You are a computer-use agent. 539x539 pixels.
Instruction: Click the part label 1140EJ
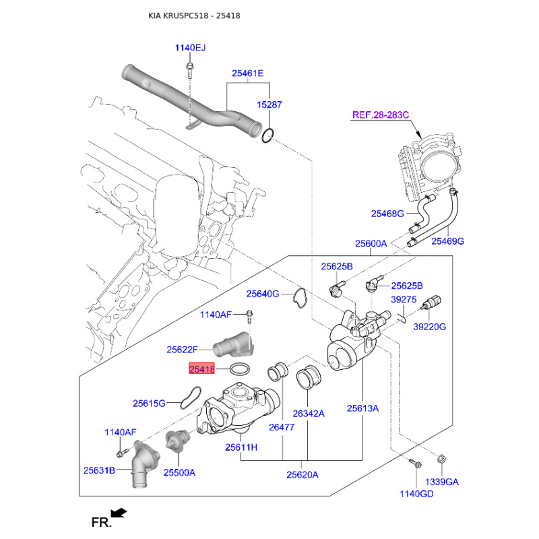(x=190, y=48)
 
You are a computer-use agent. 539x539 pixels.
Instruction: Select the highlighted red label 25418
(x=202, y=369)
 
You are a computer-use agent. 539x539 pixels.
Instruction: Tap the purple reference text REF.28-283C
(x=380, y=115)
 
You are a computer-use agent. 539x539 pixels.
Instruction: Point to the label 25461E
(x=248, y=73)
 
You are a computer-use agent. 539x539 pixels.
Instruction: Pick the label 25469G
(x=448, y=241)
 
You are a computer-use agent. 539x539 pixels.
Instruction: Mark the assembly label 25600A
(x=371, y=243)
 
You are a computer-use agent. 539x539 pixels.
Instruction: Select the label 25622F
(x=182, y=350)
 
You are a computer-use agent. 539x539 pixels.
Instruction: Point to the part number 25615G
(x=149, y=403)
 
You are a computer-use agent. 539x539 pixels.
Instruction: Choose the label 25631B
(x=100, y=470)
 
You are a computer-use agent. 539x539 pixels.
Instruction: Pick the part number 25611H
(x=241, y=447)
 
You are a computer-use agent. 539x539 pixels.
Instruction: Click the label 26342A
(x=309, y=413)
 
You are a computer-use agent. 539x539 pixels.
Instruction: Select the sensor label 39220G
(x=430, y=327)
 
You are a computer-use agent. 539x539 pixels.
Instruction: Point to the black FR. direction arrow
(x=119, y=513)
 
